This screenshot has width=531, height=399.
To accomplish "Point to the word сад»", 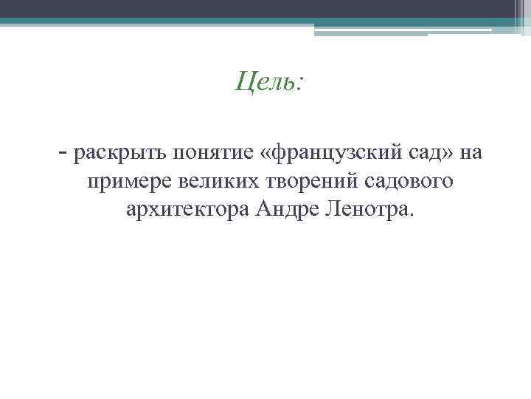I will click(x=434, y=154).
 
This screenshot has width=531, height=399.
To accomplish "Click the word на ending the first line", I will click(x=473, y=154).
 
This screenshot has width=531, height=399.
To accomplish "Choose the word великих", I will click(x=212, y=182).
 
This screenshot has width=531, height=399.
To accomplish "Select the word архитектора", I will click(x=188, y=210).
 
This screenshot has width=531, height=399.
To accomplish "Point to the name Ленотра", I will click(x=372, y=210).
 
